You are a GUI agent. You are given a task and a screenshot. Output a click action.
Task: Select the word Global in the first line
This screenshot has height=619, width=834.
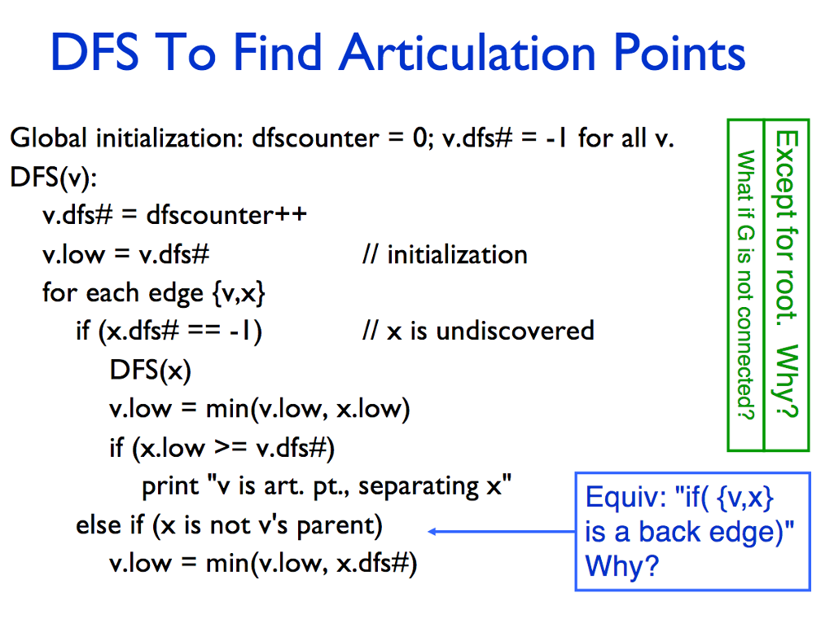(x=48, y=138)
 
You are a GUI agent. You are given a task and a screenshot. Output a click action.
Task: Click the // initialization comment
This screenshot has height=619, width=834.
(x=445, y=255)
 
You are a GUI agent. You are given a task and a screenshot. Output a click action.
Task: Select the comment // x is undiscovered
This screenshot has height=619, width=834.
(x=478, y=331)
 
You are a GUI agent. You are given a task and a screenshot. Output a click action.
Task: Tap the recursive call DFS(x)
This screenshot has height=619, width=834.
(x=150, y=371)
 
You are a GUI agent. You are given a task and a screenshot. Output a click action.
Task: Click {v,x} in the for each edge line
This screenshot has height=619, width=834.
(x=238, y=293)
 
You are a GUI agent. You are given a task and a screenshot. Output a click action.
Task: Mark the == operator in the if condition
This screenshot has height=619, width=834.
(x=199, y=331)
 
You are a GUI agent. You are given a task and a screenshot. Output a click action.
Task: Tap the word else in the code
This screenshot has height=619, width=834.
(x=96, y=525)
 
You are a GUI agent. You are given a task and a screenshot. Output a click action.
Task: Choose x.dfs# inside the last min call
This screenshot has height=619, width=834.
(x=371, y=564)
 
